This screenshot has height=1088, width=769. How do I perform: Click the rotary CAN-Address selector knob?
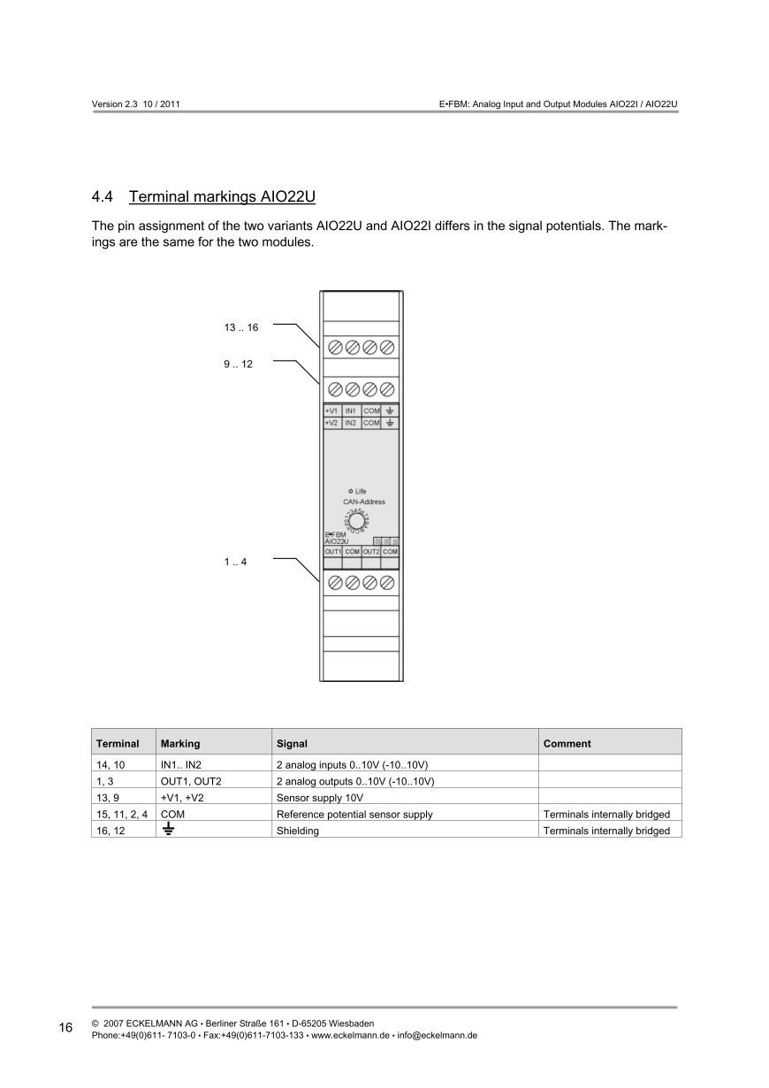(x=356, y=522)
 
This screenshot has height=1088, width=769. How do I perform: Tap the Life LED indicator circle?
(x=351, y=491)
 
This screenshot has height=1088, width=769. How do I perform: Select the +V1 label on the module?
(x=331, y=411)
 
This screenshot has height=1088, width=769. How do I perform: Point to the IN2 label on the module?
(x=351, y=424)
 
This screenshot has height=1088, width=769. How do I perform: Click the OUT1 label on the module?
(x=332, y=551)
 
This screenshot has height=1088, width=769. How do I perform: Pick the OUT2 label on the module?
(x=370, y=551)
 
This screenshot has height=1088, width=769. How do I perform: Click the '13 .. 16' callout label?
(x=240, y=327)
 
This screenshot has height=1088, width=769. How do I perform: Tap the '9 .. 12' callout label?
(x=238, y=364)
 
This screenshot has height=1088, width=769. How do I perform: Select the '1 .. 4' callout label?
(x=235, y=561)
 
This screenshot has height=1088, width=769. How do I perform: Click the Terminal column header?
(x=118, y=744)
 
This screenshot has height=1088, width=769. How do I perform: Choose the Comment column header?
(x=567, y=744)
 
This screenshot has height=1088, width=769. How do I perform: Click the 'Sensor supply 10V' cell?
(x=319, y=798)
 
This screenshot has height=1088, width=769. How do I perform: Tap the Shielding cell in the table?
(x=298, y=831)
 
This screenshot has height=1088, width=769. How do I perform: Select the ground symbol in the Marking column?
(x=168, y=830)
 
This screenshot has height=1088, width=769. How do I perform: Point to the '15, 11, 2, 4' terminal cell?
(x=122, y=814)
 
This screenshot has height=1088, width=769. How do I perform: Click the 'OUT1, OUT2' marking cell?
(x=191, y=781)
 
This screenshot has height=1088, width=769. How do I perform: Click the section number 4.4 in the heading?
(x=103, y=195)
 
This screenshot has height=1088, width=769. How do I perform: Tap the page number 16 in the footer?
(x=66, y=1028)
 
